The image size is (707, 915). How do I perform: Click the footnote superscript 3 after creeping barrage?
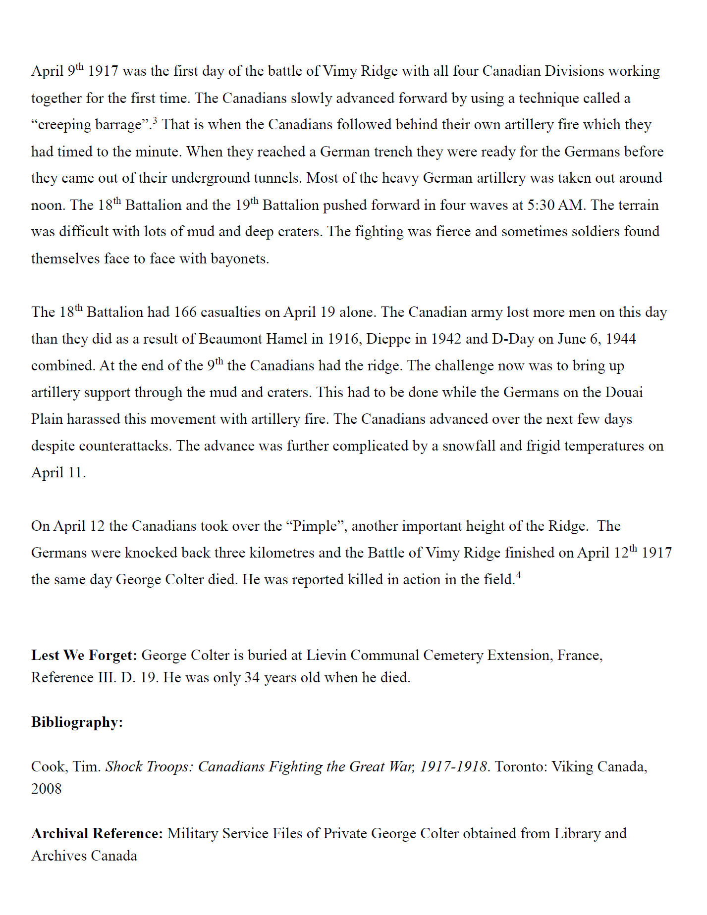155,120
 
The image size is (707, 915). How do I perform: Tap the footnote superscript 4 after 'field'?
518,575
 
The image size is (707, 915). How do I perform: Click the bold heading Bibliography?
77,722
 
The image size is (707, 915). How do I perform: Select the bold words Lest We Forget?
84,656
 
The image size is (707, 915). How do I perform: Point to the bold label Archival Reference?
97,834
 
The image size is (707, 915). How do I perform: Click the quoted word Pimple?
315,526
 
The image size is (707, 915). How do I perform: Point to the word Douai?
624,393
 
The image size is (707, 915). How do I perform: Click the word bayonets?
239,259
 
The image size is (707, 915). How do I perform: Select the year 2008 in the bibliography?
47,789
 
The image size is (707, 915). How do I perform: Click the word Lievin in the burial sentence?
326,656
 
